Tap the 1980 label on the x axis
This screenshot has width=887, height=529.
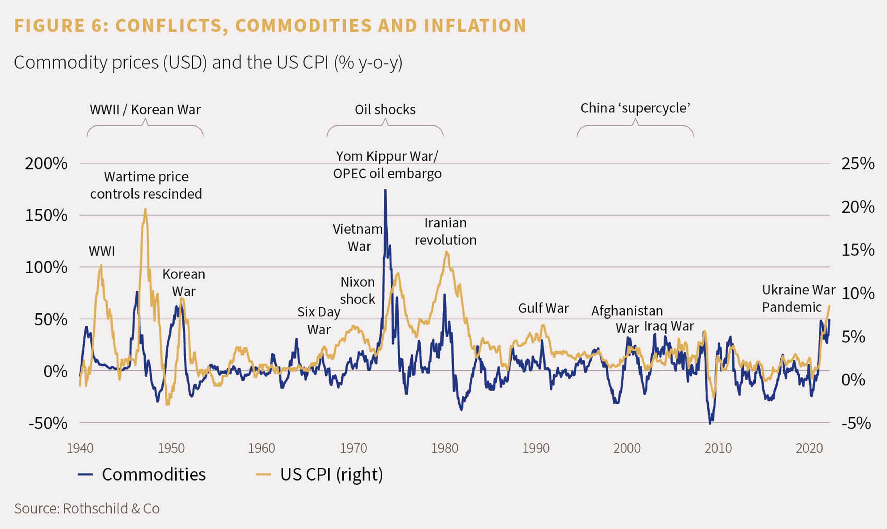coord(444,448)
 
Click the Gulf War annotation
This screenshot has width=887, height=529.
coord(543,308)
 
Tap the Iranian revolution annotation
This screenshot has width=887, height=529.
coord(445,231)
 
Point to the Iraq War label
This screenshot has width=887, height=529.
coord(669,326)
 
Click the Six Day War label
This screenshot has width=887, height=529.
coord(319,320)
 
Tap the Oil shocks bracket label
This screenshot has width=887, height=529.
coord(385,110)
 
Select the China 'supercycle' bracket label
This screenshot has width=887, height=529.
coord(635,108)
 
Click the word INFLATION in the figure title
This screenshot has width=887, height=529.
coord(475,26)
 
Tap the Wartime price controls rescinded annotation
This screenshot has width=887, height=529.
coord(146,185)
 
